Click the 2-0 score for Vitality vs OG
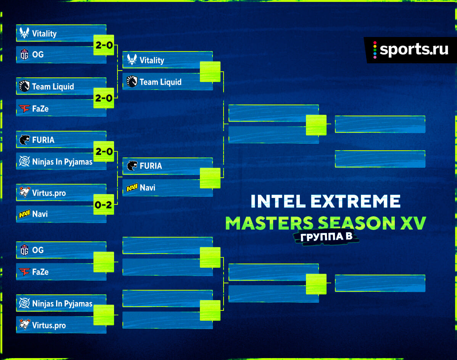coord(104,45)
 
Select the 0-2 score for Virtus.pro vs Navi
coord(103,205)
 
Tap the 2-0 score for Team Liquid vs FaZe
coord(104,98)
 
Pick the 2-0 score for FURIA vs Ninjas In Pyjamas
coord(104,151)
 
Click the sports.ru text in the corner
coord(414,49)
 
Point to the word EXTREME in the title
coord(356,201)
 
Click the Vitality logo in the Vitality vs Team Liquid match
coord(132,59)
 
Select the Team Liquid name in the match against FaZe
coord(53,87)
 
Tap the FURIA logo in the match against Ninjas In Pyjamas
coord(24,140)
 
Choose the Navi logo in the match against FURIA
coord(132,188)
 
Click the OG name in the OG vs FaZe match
coord(38,250)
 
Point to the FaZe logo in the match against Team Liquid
coord(24,108)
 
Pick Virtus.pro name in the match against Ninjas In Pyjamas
coord(49,325)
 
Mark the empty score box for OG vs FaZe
coord(104,262)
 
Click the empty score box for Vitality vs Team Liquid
coord(210,72)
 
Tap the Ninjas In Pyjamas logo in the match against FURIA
coord(24,161)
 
